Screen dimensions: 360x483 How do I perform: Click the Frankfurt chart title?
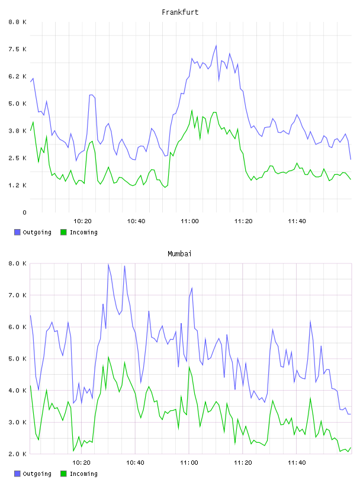click(x=180, y=12)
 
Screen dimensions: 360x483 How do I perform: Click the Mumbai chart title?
click(x=179, y=254)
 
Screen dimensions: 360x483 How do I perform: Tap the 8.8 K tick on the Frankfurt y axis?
click(x=17, y=22)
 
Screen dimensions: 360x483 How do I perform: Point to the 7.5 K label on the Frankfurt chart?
click(x=17, y=49)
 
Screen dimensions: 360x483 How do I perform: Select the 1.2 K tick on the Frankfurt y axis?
click(x=17, y=185)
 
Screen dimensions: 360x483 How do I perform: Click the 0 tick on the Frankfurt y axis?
click(x=24, y=212)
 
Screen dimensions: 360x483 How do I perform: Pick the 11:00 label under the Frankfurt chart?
click(x=189, y=221)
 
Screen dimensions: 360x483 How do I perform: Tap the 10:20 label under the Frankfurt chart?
click(x=82, y=221)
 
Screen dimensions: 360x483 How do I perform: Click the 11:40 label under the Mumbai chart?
click(x=297, y=463)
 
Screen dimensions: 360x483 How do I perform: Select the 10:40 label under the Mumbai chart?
click(x=136, y=463)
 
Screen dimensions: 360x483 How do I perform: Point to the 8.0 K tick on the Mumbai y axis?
click(x=17, y=263)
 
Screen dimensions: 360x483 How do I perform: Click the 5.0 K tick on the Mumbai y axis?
click(x=17, y=359)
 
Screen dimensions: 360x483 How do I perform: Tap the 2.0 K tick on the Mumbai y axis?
click(x=17, y=454)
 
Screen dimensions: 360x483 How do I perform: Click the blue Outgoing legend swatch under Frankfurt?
click(x=17, y=232)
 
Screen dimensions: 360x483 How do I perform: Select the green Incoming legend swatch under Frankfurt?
click(x=63, y=232)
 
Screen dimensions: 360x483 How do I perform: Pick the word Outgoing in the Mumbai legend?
click(x=37, y=474)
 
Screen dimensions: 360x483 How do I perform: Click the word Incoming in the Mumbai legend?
click(x=83, y=474)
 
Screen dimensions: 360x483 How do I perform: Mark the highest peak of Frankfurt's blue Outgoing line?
click(x=216, y=46)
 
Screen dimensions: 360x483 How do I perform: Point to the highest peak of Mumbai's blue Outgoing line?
click(x=108, y=265)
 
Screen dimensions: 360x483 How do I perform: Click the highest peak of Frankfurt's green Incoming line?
click(x=192, y=110)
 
